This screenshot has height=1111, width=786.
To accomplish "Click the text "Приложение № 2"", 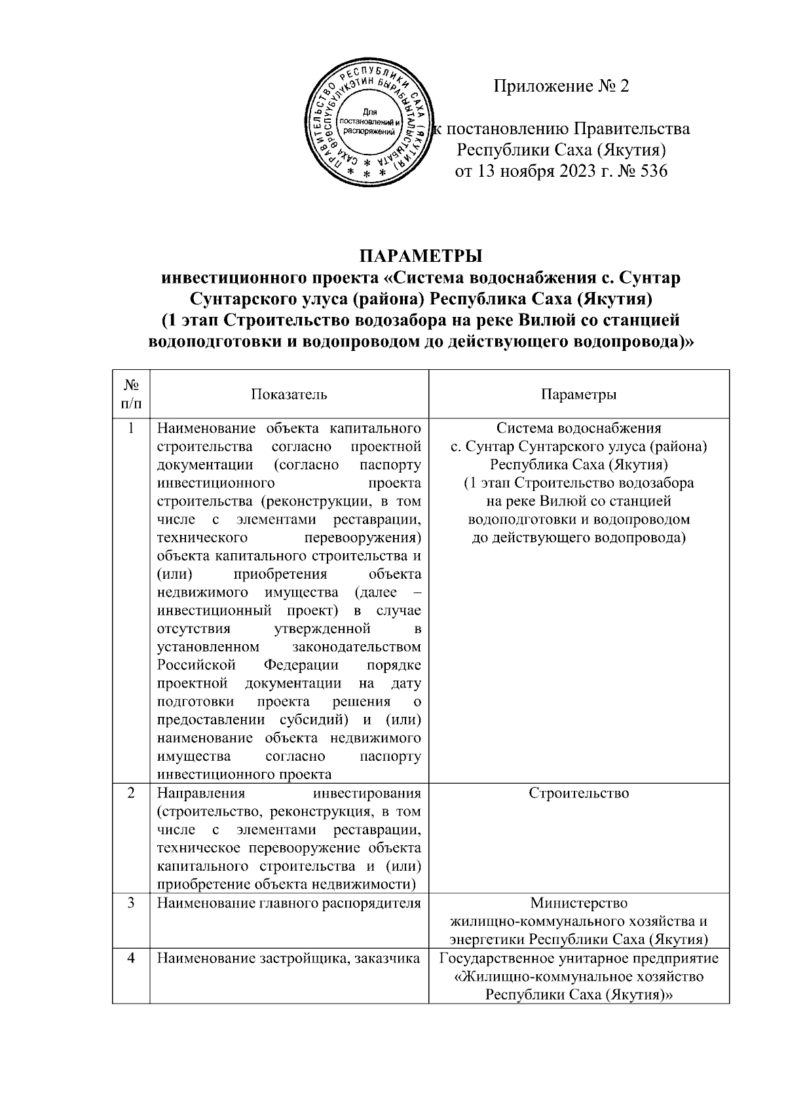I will [561, 86].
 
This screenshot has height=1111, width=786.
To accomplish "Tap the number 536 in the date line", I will [649, 172].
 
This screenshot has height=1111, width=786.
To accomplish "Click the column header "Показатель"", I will [289, 394].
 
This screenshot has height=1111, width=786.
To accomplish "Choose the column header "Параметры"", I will [578, 394].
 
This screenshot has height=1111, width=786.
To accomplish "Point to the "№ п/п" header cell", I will [131, 394].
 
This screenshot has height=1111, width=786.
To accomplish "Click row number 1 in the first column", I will [131, 429].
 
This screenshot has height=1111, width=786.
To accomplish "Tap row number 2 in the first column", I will [131, 793].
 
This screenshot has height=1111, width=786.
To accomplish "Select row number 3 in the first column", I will [131, 903].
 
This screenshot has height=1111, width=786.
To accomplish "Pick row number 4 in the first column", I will [131, 958].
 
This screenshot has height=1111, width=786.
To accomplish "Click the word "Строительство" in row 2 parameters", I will [578, 793].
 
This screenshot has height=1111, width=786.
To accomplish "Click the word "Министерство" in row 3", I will [578, 903].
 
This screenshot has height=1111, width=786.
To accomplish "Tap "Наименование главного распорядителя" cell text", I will [289, 903].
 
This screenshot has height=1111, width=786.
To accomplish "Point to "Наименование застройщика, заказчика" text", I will [289, 958].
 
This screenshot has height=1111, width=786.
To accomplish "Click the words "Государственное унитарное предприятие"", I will [578, 958].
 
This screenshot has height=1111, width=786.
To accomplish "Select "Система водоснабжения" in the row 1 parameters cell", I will [578, 429].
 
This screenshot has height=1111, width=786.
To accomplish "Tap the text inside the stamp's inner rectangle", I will [367, 121].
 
